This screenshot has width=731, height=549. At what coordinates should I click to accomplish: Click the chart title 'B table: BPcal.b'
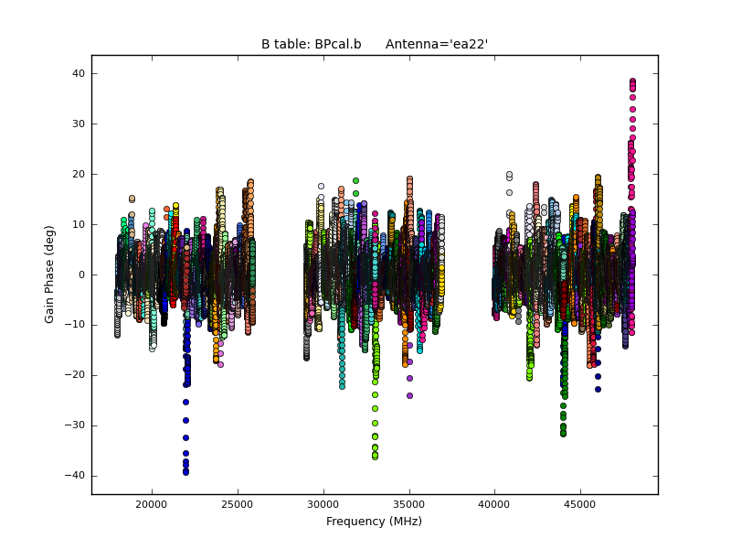point(311,44)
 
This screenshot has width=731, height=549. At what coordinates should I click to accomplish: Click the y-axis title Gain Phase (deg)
point(50,274)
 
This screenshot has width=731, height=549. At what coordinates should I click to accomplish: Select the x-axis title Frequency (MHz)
point(374,522)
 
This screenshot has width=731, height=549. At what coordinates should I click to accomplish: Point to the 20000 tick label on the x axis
point(152,503)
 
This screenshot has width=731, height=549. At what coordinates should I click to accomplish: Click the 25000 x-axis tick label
point(238,503)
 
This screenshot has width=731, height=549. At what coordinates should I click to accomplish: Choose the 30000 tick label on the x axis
point(323,503)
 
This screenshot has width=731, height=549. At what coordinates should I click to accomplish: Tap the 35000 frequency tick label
point(408,503)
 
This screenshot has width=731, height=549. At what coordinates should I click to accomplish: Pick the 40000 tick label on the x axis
point(494,503)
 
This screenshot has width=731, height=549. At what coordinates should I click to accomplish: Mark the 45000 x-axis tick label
point(580,503)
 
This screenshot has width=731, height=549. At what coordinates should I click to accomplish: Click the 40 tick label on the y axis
point(79,73)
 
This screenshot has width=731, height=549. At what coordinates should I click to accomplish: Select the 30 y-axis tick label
point(79,124)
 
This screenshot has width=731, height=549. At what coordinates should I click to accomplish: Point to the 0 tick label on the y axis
point(81,274)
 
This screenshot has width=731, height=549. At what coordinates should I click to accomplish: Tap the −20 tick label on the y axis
point(75,375)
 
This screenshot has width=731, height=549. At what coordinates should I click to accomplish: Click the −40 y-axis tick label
point(75,476)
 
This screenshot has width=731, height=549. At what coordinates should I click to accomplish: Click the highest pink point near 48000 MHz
point(632,81)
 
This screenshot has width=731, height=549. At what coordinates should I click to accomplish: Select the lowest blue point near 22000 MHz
point(185,472)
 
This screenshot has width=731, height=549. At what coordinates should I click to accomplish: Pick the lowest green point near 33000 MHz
point(375,456)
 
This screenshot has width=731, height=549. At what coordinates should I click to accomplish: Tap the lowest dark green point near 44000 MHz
point(563,433)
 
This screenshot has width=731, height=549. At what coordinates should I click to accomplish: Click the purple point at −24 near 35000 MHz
point(409,395)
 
